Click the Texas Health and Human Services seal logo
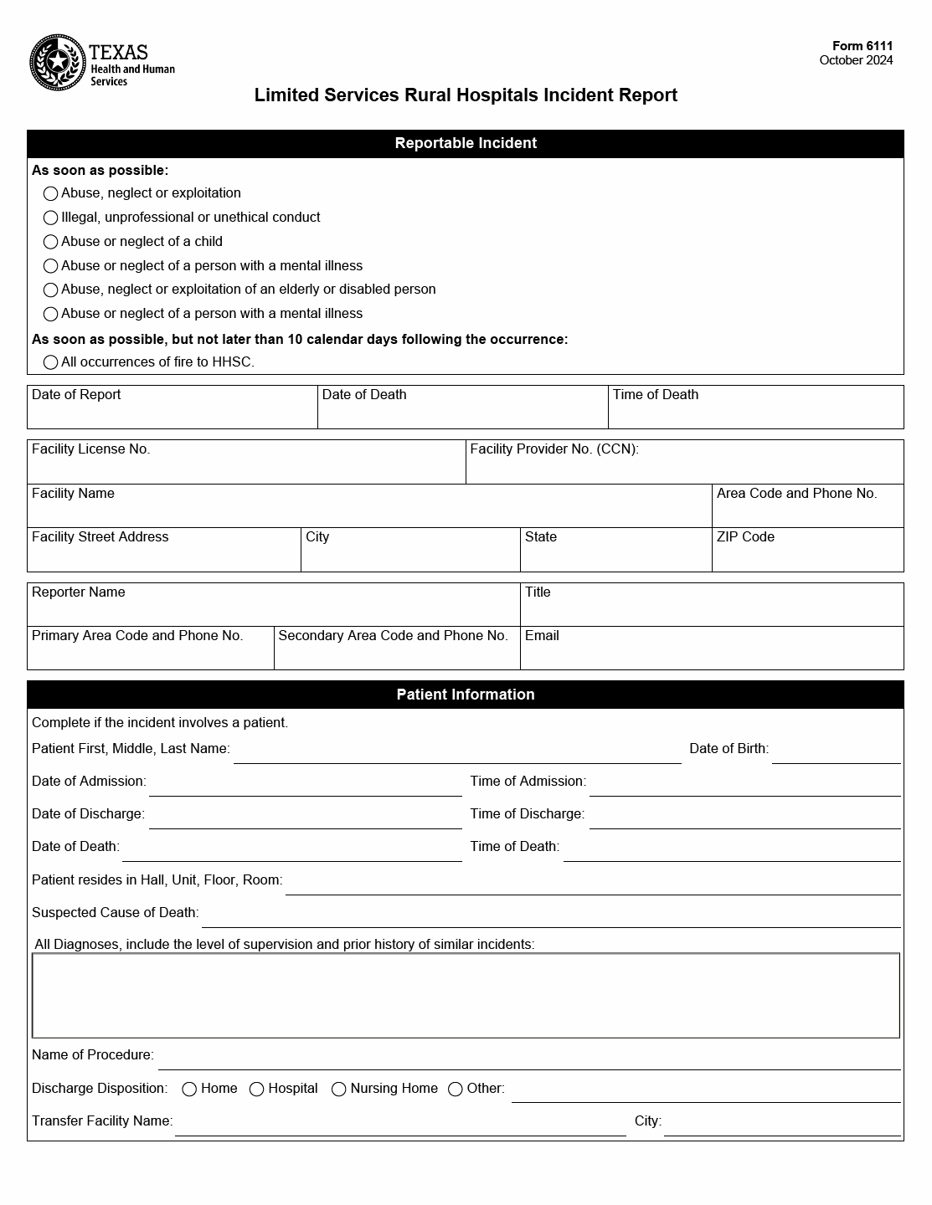(x=58, y=63)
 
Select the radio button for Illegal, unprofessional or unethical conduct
(x=50, y=218)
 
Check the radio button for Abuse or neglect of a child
(x=50, y=242)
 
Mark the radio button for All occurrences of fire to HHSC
(x=50, y=362)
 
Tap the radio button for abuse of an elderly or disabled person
(x=50, y=290)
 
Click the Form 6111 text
(x=862, y=46)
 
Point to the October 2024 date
(x=856, y=60)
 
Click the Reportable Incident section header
(x=466, y=143)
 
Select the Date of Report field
(x=172, y=413)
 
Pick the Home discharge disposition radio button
(x=190, y=1089)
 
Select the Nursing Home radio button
(x=339, y=1089)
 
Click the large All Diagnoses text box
(x=466, y=995)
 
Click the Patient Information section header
(x=466, y=695)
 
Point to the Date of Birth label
(x=729, y=748)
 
